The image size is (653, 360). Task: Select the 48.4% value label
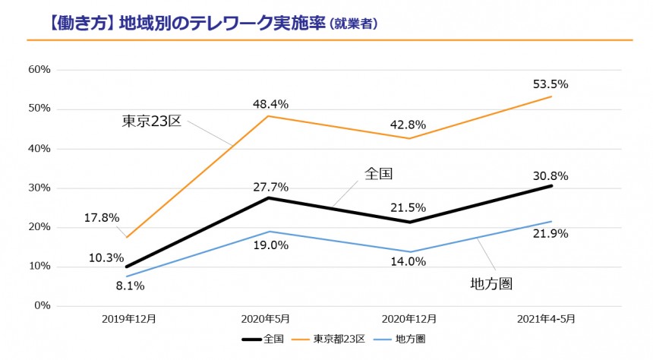(270, 103)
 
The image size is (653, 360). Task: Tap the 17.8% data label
(102, 217)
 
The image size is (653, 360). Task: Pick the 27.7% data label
(270, 185)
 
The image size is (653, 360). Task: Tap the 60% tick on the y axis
(39, 69)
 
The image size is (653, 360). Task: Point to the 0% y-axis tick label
(42, 305)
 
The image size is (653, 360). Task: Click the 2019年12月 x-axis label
(129, 320)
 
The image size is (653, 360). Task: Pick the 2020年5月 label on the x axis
(270, 320)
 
